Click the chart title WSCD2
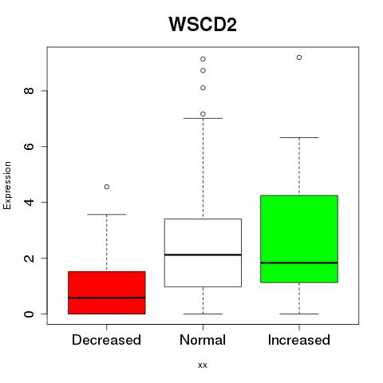(203, 24)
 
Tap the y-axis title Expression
(7, 185)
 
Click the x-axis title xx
(203, 365)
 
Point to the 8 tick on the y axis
(29, 91)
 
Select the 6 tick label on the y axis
(29, 147)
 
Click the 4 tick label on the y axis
(29, 202)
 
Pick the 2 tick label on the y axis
(29, 258)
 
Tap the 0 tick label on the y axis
(29, 314)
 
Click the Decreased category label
(106, 340)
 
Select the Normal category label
(203, 340)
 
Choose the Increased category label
(299, 340)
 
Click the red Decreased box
(107, 293)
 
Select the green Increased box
(299, 239)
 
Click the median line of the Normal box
(203, 255)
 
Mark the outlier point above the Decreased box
(107, 187)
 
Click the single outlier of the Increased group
(299, 57)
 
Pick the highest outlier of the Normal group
(203, 59)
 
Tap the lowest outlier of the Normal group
(203, 114)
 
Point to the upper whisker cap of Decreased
(107, 215)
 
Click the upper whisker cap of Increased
(299, 137)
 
